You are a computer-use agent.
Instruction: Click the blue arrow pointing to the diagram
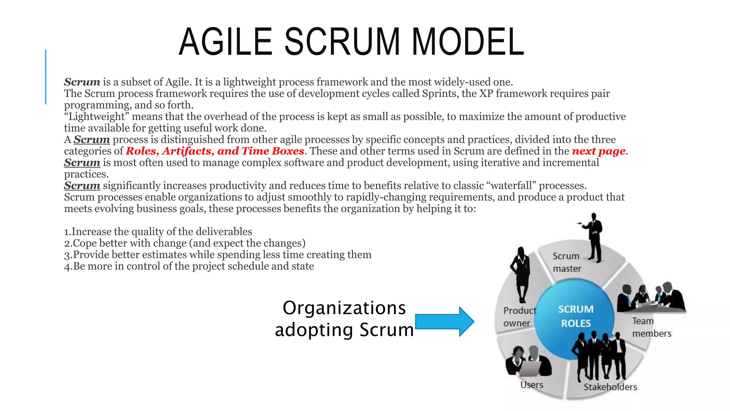click(x=444, y=321)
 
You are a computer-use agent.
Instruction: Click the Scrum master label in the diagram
click(x=566, y=262)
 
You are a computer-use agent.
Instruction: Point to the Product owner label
click(x=519, y=317)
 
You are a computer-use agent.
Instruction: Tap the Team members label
click(x=651, y=327)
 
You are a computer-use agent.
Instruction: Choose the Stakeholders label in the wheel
click(x=610, y=387)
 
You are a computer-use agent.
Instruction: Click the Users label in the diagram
click(x=531, y=385)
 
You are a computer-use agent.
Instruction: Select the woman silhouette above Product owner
click(x=521, y=275)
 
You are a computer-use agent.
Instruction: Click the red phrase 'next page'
click(x=598, y=151)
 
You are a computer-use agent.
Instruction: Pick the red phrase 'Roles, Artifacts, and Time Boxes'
click(x=215, y=151)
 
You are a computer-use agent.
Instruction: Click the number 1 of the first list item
click(x=67, y=232)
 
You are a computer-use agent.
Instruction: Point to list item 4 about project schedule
click(x=189, y=266)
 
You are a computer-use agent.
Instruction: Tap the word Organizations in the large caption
click(x=344, y=308)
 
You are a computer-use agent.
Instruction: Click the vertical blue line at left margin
click(x=46, y=77)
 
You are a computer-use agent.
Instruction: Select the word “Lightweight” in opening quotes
click(x=96, y=117)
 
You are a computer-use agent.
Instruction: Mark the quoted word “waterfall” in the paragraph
click(x=512, y=186)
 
